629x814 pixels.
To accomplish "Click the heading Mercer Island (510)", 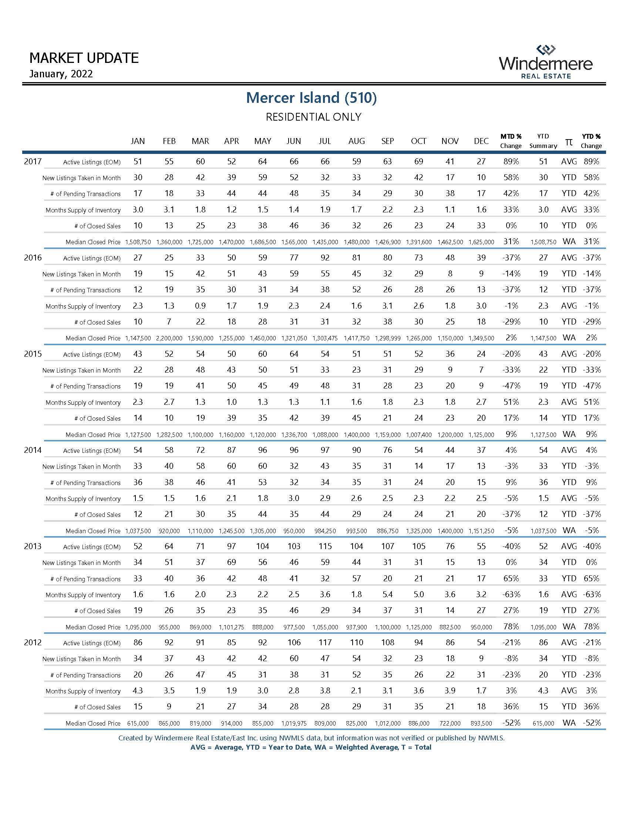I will tap(311, 98).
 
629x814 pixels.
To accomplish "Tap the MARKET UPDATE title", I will tap(84, 58).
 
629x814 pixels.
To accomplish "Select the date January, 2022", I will tap(61, 74).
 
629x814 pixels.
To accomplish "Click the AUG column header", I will tap(356, 141).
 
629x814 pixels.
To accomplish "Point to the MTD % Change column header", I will tap(511, 141).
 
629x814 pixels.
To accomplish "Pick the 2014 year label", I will tap(33, 450).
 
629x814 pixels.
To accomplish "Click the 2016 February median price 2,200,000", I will tap(169, 339).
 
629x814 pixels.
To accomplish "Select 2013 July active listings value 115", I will tap(325, 546).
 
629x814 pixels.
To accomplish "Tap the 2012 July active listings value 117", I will tap(325, 643).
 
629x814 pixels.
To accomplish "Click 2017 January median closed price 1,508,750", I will tap(138, 242).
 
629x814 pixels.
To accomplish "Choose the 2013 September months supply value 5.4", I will tap(387, 595).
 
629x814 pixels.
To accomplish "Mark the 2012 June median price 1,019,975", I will tap(294, 723).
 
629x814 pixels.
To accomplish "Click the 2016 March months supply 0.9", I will tap(200, 306).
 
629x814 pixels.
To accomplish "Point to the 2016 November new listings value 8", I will tap(450, 274).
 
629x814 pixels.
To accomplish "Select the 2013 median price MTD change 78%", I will tap(511, 626).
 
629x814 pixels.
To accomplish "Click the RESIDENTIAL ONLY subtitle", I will tap(313, 117).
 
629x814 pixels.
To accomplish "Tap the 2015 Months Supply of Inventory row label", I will tap(83, 403).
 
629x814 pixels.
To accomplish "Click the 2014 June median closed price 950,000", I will tap(294, 531).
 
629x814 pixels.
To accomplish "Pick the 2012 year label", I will tap(33, 643).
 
